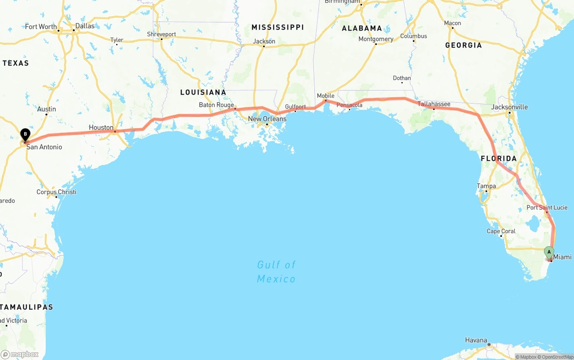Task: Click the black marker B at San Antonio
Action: point(26,134)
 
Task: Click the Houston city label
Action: point(101,128)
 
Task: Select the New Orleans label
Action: point(267,119)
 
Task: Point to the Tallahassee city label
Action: point(434,104)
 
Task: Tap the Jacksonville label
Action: point(509,107)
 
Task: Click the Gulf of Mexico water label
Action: point(276,272)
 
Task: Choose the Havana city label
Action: point(476,340)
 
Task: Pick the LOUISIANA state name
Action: point(203,92)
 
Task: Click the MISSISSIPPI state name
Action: point(278,27)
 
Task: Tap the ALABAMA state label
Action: point(362,28)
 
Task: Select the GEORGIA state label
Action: point(463,45)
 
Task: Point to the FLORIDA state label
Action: point(499,159)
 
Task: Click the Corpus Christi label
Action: point(56,192)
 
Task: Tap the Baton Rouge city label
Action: point(216,105)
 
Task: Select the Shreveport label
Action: point(161,34)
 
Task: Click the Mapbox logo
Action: point(20,354)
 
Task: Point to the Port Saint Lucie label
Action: point(547,208)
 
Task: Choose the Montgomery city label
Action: point(376,39)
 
